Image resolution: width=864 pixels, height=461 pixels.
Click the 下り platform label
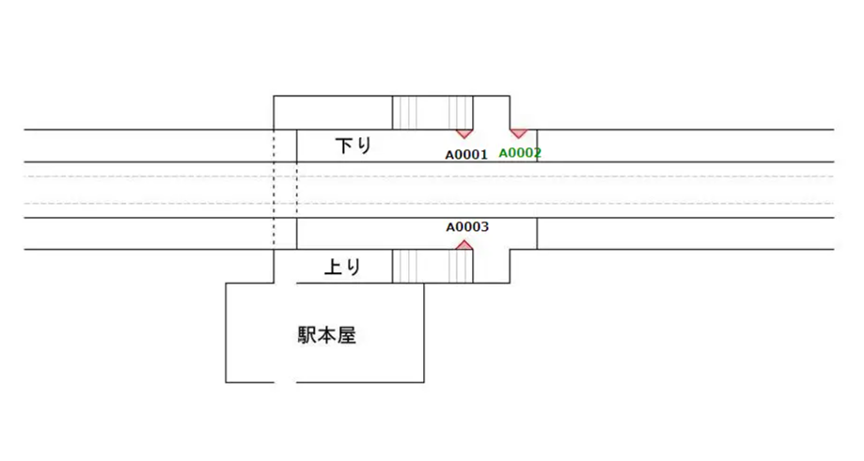353,146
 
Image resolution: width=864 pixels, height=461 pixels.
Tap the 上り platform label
342,267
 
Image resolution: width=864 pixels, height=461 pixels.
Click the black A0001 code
466,155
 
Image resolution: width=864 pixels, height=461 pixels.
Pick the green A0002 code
520,153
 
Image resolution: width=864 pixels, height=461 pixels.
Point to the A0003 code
466,227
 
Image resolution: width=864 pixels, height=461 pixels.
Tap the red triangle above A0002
518,133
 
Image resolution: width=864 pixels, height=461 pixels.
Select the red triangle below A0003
463,245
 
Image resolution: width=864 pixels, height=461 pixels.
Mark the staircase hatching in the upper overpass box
432,113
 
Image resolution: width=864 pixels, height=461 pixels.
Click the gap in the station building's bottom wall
285,382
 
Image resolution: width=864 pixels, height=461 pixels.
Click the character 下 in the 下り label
344,146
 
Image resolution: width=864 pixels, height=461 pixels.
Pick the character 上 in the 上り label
333,267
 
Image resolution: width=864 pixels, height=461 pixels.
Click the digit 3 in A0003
484,227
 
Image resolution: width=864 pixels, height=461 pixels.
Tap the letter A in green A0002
503,153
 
